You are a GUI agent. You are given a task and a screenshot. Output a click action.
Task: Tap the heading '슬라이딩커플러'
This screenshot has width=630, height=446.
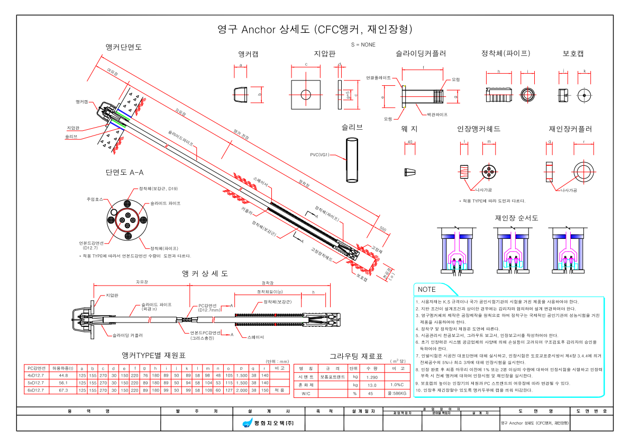(421, 53)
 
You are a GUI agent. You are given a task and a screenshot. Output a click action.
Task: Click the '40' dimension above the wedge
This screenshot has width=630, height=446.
(410, 142)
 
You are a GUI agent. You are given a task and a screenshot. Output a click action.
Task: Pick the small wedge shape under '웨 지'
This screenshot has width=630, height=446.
(410, 172)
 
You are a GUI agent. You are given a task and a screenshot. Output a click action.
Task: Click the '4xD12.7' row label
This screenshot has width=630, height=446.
(35, 375)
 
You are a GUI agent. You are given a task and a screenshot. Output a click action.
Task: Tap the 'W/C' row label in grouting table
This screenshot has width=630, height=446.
(306, 394)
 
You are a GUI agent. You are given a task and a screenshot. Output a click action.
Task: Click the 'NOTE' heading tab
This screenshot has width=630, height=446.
(427, 290)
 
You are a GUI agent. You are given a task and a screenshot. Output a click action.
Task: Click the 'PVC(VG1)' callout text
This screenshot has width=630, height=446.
(319, 155)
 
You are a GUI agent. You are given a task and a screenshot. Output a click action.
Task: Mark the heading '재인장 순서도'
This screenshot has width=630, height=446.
(516, 218)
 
